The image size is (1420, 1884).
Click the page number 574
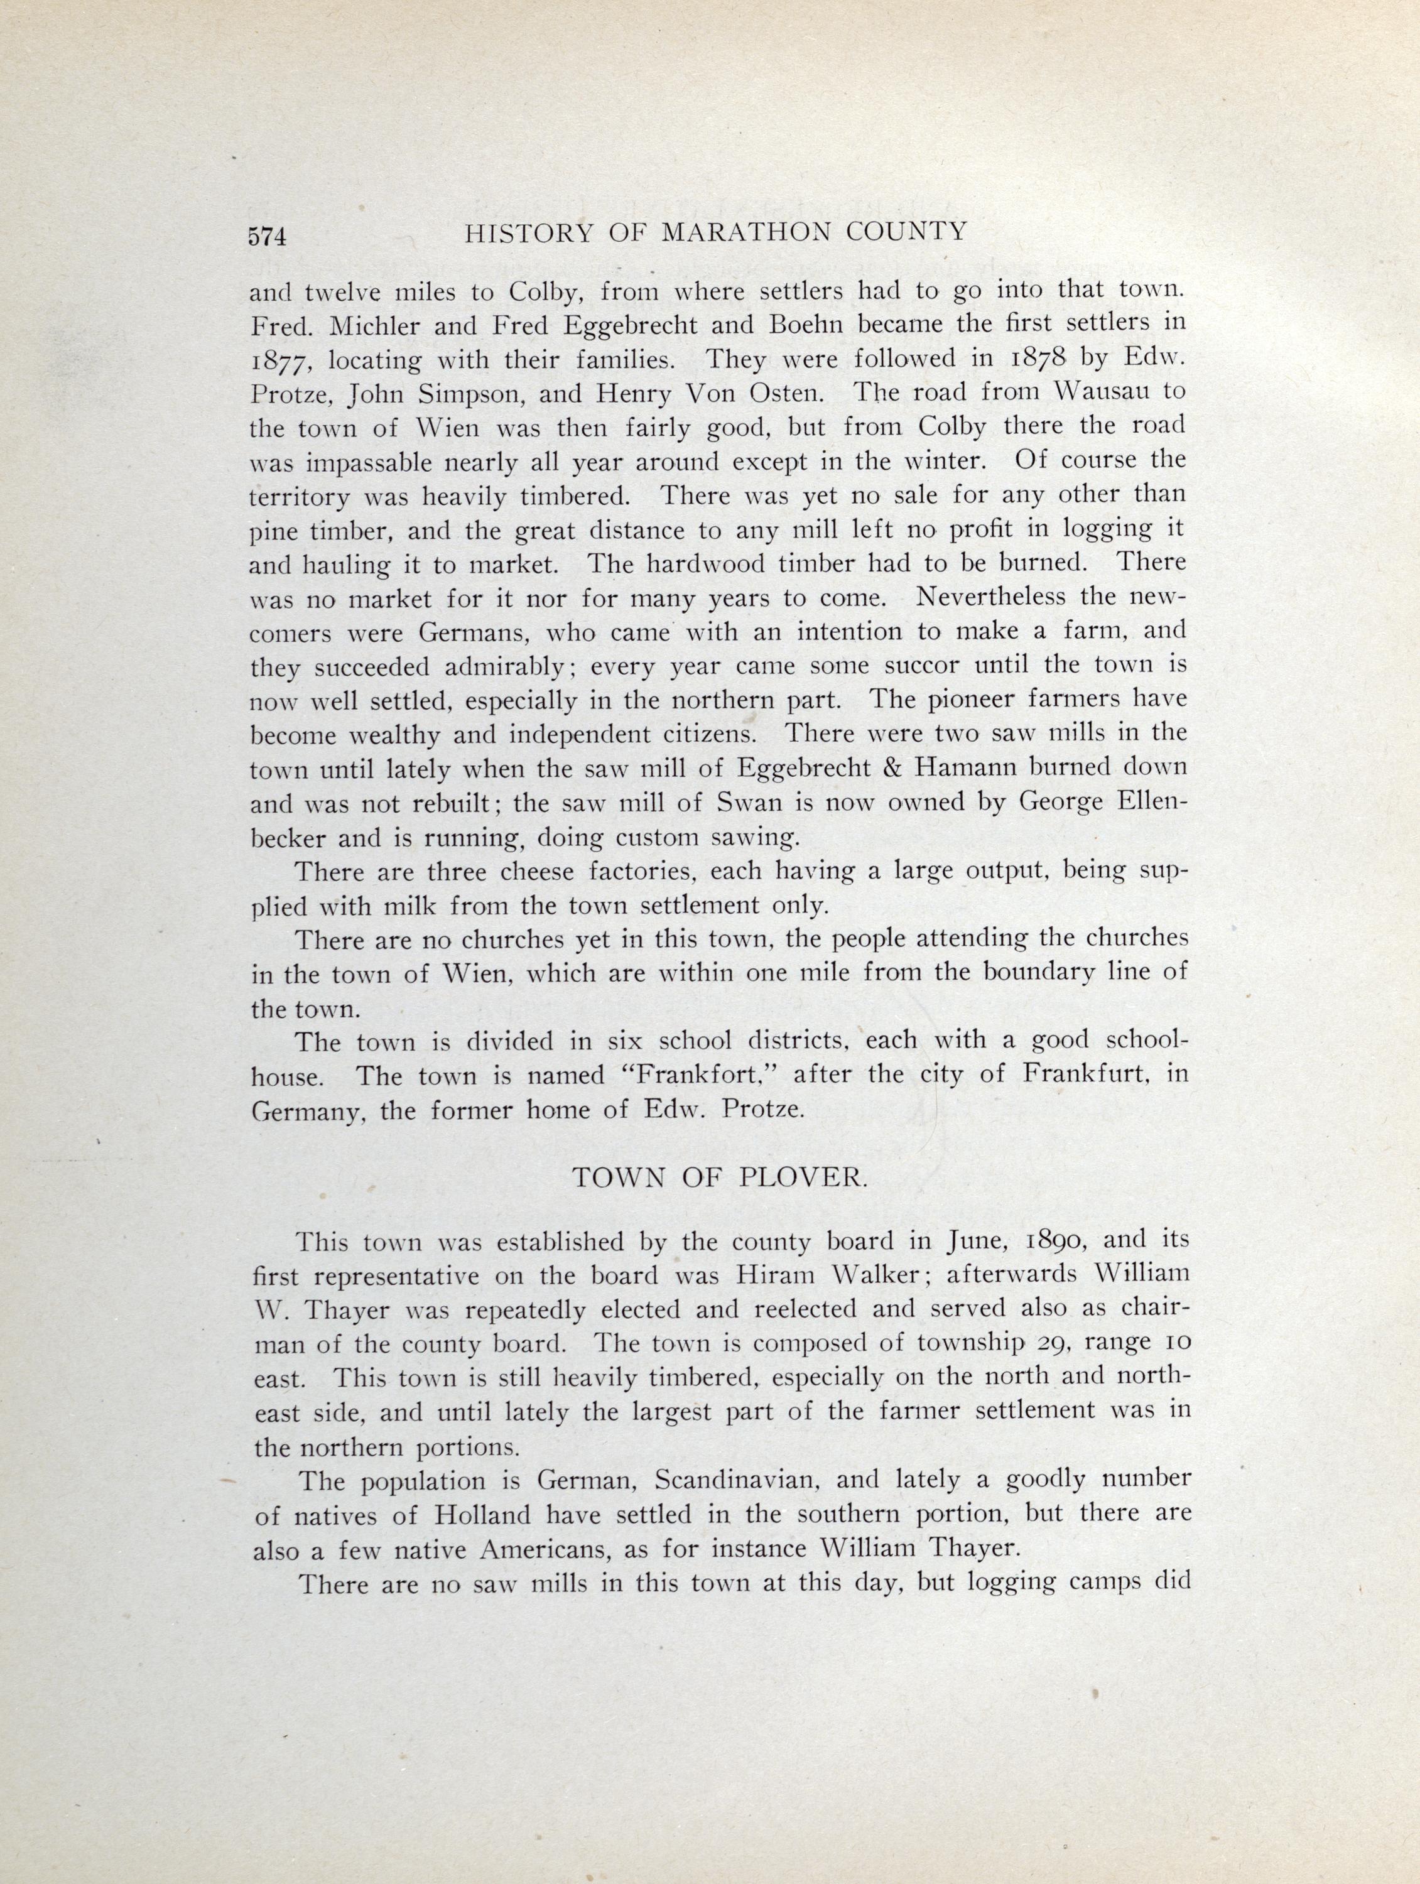coord(268,236)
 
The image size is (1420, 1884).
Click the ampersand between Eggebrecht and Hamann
coord(892,768)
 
